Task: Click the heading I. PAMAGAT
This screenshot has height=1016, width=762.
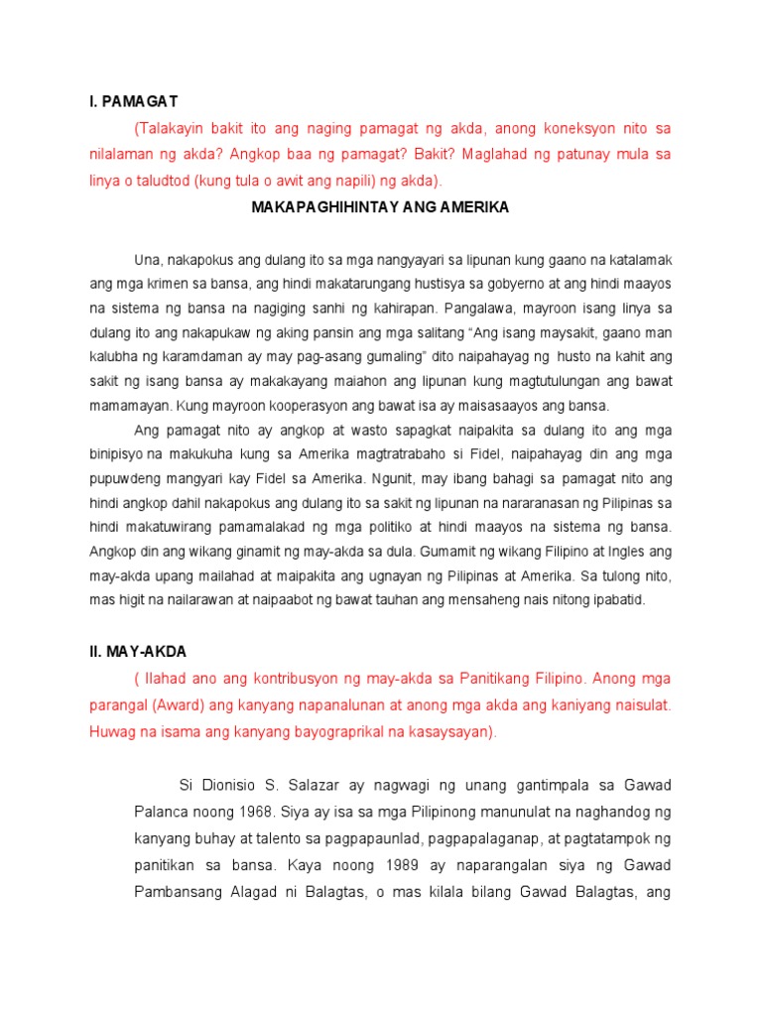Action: tap(133, 101)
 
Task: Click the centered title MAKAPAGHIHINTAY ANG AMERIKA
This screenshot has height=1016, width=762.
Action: tap(381, 207)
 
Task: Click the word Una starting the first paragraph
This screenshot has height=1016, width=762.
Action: tap(146, 260)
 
